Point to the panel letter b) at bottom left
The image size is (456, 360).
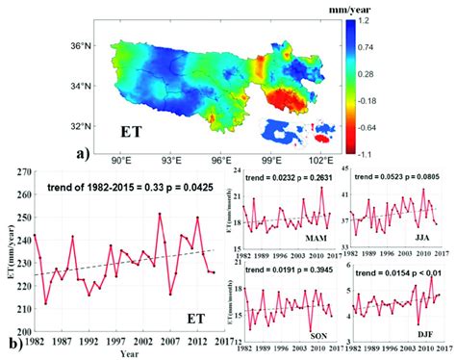[x=11, y=339]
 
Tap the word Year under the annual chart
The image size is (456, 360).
[x=122, y=353]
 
